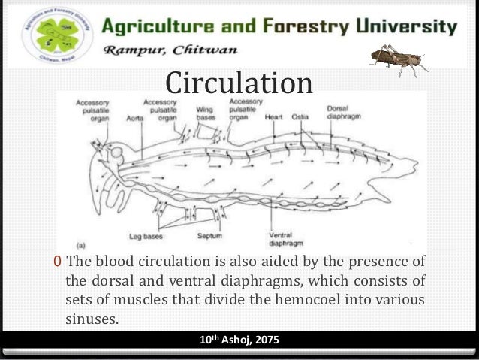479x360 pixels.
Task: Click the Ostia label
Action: pyautogui.click(x=301, y=118)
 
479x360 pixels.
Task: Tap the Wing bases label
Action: pyautogui.click(x=206, y=113)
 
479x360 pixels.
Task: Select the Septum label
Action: pyautogui.click(x=209, y=235)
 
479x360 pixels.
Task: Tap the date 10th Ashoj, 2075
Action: pyautogui.click(x=239, y=340)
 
